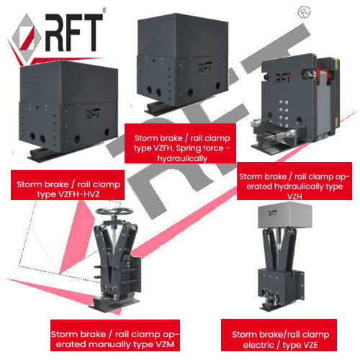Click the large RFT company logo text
coord(74,32)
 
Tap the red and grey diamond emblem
coord(27,38)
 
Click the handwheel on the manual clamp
coord(114,212)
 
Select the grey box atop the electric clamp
coord(285,215)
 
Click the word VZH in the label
coord(294,197)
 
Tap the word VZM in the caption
coord(165,344)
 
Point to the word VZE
coord(310,345)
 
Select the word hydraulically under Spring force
coord(182,158)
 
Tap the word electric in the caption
coord(258,345)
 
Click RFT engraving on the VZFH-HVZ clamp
coord(93,114)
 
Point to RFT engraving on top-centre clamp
coord(204,68)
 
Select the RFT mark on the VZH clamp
coord(283,78)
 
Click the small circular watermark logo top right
coord(304,12)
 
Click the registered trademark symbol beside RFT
coord(104,10)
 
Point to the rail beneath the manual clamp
coord(114,304)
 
